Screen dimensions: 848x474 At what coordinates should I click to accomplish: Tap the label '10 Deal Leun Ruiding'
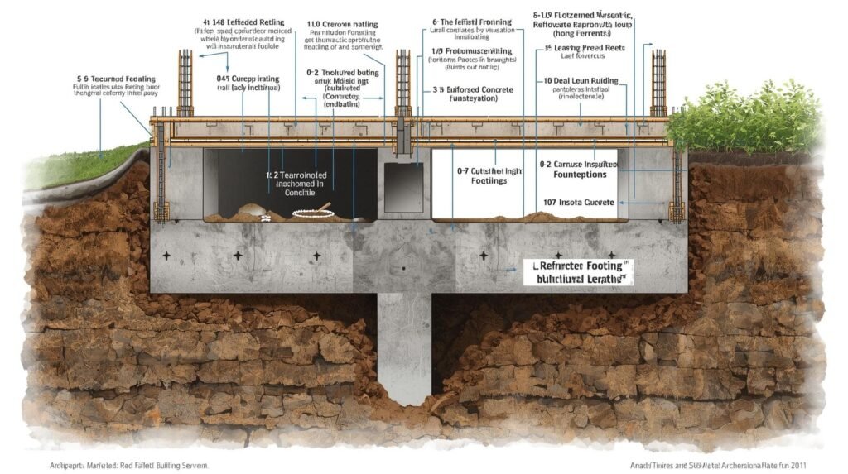(x=581, y=81)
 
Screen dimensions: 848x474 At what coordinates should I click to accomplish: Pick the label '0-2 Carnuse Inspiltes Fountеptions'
(x=579, y=169)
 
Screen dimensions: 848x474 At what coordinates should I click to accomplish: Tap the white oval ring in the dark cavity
(x=313, y=213)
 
